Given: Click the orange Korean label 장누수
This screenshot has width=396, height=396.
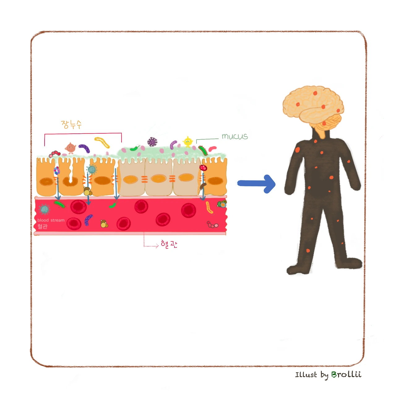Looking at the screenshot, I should [71, 124].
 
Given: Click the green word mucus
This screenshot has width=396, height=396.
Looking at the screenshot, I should [235, 136].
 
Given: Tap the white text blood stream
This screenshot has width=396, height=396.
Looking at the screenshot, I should [51, 220].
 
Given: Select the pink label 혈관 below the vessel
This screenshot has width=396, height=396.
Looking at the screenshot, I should [169, 244].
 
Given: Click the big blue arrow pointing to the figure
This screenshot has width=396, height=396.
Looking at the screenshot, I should [257, 184].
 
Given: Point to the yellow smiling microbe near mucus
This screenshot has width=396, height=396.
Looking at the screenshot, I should [187, 142].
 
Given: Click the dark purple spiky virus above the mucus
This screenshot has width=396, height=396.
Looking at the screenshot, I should [152, 142].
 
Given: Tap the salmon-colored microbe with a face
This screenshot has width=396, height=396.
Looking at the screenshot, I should [71, 148].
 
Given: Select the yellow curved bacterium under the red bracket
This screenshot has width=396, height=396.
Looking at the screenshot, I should [102, 142].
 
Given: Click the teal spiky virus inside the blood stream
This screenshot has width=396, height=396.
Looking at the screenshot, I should [44, 209].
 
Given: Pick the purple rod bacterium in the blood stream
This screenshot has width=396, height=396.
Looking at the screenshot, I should [88, 220].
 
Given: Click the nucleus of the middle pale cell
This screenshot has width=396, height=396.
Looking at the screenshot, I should [159, 179].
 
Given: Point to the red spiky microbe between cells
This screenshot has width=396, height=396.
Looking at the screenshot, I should [203, 168].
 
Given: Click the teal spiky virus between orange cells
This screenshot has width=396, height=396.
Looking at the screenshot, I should [91, 170].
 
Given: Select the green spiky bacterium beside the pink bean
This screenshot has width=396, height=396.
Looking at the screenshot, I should [203, 150].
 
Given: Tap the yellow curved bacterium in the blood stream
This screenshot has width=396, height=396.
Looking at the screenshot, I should [209, 207].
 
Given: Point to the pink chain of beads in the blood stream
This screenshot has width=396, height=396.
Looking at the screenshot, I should [212, 225].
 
